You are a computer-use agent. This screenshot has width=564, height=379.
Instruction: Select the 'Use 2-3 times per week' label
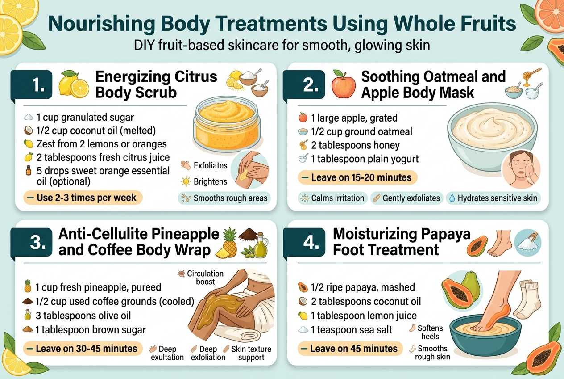[x=83, y=198]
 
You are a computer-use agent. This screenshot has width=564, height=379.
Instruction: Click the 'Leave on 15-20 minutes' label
[x=357, y=177]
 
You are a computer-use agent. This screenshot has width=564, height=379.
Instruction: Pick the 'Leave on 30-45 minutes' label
[x=83, y=348]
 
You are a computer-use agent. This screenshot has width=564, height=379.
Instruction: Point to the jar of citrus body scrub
[x=227, y=124]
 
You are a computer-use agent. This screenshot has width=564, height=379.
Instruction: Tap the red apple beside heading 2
[x=344, y=84]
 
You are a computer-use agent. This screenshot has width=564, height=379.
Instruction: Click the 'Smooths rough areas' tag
[x=225, y=198]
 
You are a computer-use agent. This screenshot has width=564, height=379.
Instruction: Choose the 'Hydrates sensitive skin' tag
[x=493, y=198]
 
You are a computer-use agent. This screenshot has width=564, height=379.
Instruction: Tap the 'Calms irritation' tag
[x=332, y=198]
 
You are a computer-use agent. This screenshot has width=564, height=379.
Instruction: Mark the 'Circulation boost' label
[x=205, y=277]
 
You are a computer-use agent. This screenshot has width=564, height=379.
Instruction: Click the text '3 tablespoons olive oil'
[x=83, y=316]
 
